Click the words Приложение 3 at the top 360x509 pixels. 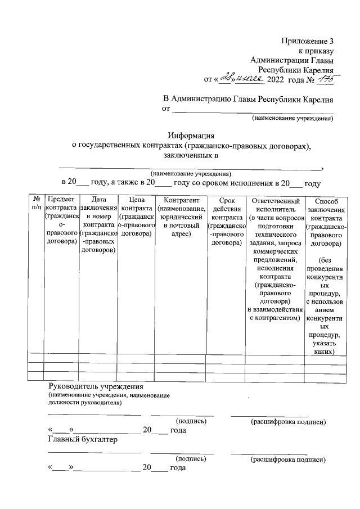(x=308, y=41)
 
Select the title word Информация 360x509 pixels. (x=192, y=136)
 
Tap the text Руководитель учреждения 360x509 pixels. (x=97, y=388)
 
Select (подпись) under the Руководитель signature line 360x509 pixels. (x=191, y=420)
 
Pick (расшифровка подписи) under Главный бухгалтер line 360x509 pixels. (x=288, y=460)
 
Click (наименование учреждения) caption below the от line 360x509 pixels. (x=292, y=119)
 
